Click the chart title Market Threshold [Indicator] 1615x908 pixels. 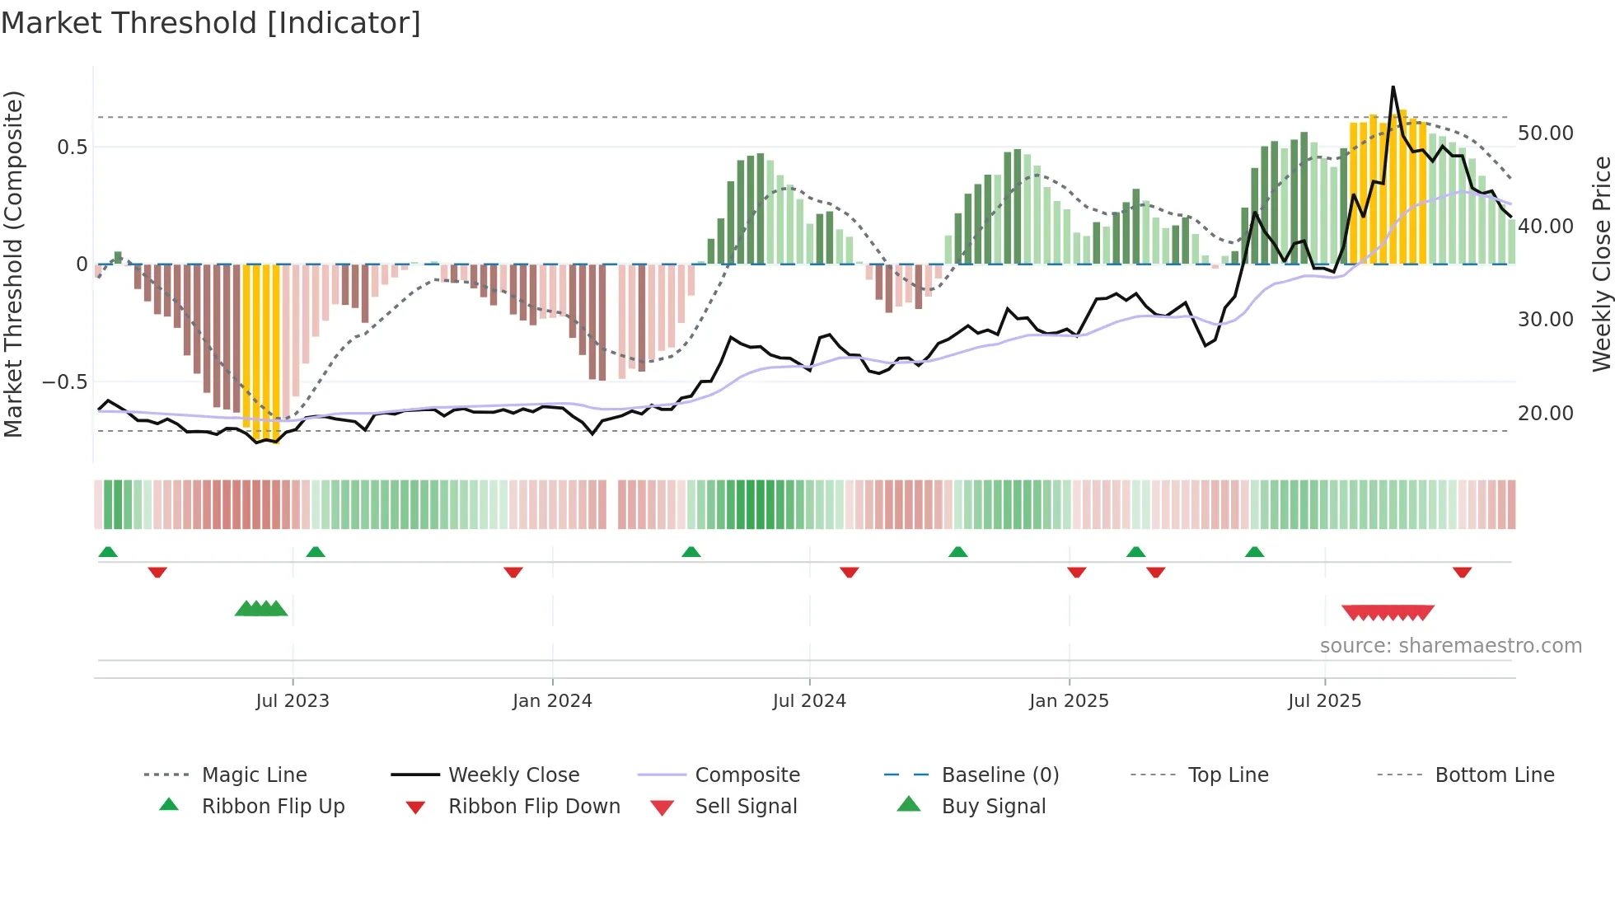[211, 23]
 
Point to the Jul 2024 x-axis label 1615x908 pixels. [809, 701]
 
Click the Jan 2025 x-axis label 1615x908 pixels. [1069, 701]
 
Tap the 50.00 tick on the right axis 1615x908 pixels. [1545, 133]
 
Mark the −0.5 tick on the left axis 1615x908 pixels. [64, 382]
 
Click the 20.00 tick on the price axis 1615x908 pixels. [1545, 414]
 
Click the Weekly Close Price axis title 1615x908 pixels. [1601, 264]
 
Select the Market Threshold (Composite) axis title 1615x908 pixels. [13, 264]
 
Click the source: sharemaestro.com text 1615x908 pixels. [1450, 646]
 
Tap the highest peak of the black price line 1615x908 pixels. [1393, 87]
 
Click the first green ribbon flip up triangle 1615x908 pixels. [108, 552]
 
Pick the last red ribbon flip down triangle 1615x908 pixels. [1463, 573]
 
